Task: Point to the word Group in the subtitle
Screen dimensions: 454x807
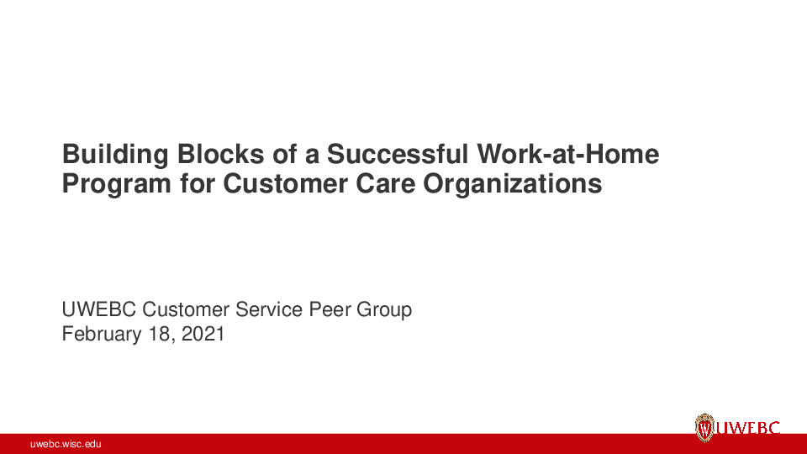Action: tap(384, 309)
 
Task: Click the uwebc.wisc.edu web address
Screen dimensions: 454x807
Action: tap(66, 444)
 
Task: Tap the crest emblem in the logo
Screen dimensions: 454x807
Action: tap(704, 428)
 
